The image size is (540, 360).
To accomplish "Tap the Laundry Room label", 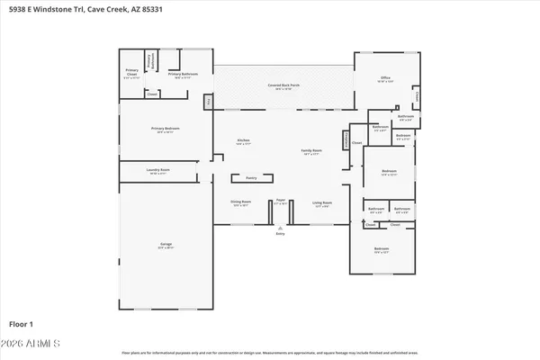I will (x=158, y=170).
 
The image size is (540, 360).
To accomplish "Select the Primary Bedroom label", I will (x=166, y=130).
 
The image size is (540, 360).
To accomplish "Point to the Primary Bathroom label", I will (x=179, y=74).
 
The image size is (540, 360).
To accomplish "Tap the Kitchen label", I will (x=243, y=140).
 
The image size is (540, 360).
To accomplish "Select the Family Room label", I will (x=311, y=151).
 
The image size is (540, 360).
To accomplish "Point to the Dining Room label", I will (x=241, y=203).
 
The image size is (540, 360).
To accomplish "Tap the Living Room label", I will (x=321, y=203).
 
